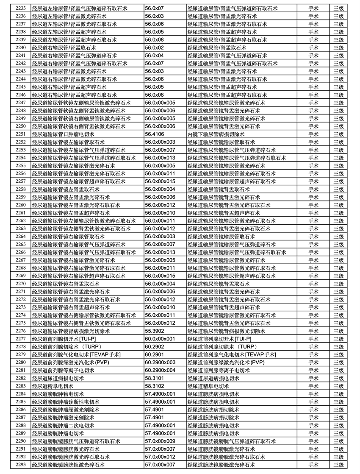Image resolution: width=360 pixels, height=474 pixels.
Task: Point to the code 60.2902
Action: click(x=154, y=347)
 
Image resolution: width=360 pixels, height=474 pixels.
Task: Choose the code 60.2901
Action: click(x=154, y=355)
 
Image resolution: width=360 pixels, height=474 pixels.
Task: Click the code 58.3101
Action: click(x=154, y=378)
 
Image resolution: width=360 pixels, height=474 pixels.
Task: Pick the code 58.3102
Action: click(x=154, y=386)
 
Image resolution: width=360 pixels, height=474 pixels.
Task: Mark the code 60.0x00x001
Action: click(x=160, y=339)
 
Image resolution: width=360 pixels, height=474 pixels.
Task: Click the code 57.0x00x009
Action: click(x=160, y=441)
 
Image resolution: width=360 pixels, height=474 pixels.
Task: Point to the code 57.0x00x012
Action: click(x=160, y=457)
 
